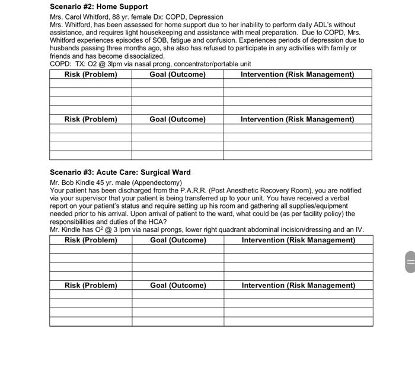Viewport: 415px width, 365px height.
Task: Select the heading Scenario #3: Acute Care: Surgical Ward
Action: coord(120,172)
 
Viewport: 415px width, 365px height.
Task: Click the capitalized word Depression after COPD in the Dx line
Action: coord(203,17)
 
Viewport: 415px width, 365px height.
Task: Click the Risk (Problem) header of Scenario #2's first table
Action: coord(91,75)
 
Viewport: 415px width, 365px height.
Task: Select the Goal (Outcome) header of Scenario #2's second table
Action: coord(177,120)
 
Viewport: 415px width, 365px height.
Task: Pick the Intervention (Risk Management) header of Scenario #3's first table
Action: coord(298,241)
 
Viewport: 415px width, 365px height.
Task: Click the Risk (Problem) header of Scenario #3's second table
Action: coord(91,286)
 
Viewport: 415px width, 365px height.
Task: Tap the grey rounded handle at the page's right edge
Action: coord(410,262)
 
